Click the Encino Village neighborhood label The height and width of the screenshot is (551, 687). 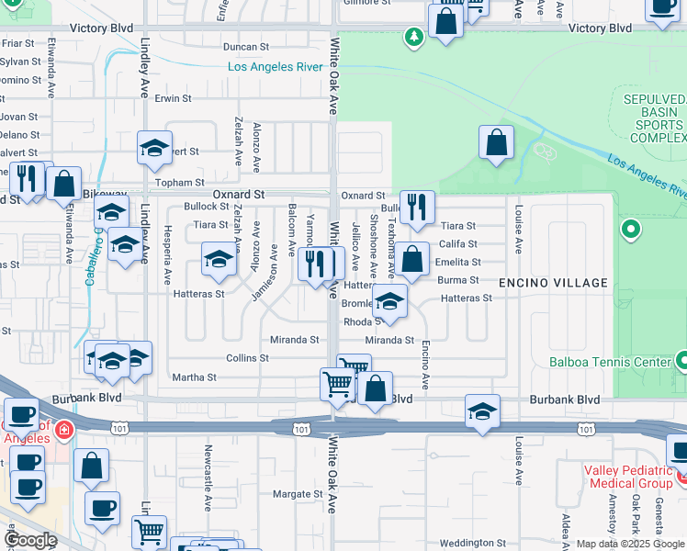553,283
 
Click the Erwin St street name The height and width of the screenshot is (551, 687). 173,98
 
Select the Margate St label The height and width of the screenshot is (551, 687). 298,494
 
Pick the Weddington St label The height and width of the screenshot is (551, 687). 474,543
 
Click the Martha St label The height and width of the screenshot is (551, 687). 194,377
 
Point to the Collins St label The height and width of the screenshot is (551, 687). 246,358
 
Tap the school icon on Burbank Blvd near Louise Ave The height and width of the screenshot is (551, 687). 482,411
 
